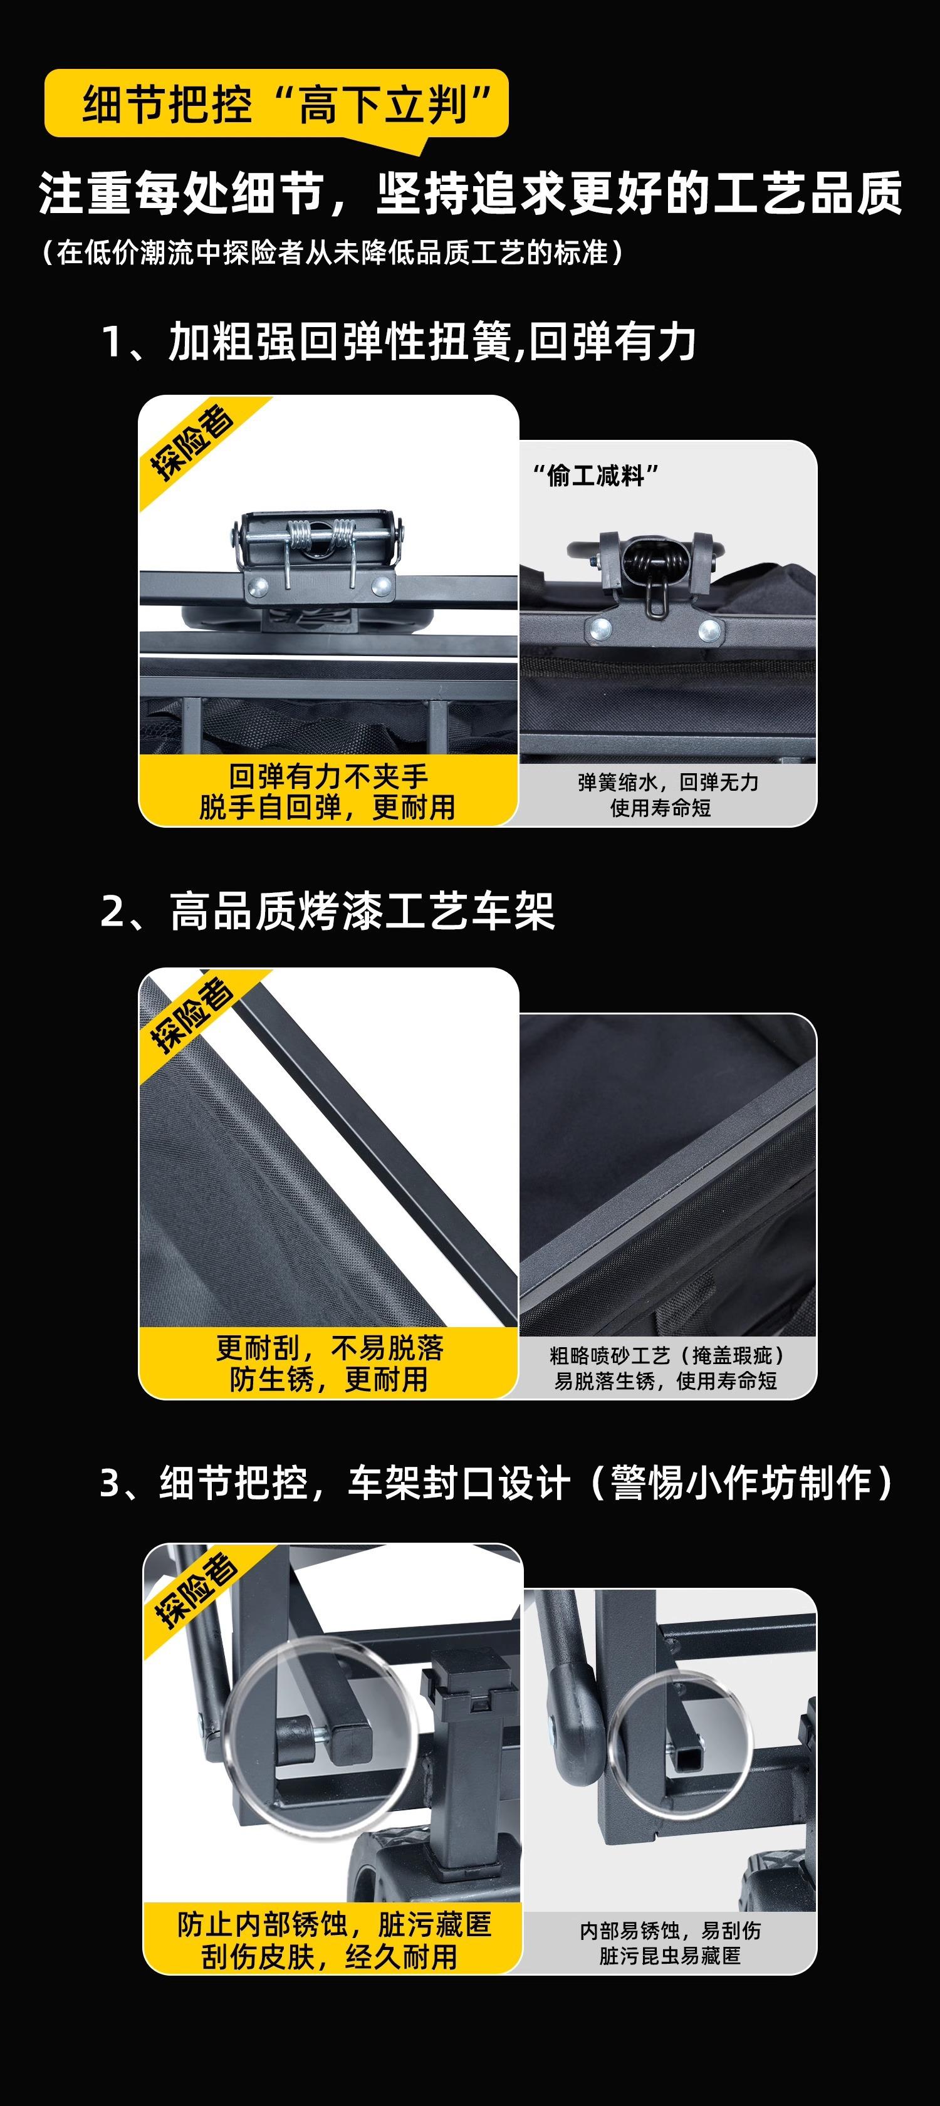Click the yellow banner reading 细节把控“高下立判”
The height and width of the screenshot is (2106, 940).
(276, 104)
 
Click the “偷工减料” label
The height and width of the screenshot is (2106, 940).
(595, 475)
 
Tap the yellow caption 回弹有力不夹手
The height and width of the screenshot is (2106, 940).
(328, 775)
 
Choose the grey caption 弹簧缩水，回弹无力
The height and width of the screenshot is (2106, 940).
(668, 783)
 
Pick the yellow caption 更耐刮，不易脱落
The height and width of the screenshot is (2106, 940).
(330, 1347)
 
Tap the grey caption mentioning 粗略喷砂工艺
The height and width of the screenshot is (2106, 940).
(667, 1355)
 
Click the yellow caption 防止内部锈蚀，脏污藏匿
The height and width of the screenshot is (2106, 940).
(333, 1924)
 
